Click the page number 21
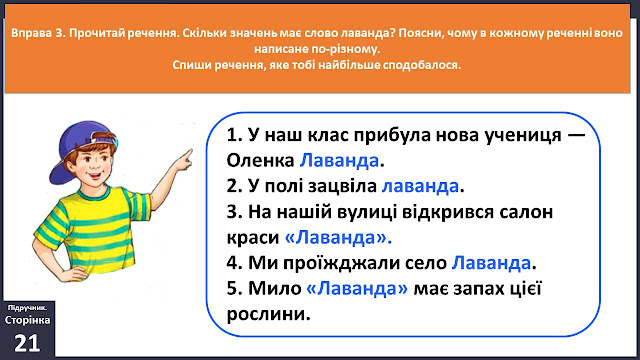27,343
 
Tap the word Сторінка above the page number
27,320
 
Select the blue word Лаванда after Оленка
339,160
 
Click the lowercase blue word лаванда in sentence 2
420,186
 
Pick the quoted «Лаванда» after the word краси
338,238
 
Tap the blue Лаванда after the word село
491,263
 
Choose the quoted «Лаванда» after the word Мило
357,289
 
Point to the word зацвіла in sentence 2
342,186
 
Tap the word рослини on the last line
268,314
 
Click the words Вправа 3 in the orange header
38,33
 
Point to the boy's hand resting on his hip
76,273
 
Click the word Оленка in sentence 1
260,160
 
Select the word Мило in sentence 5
275,289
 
